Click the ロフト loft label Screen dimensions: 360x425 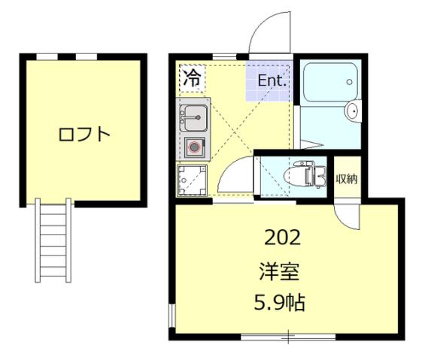(84, 135)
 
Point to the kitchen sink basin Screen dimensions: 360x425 (194, 118)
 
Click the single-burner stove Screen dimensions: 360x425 (195, 147)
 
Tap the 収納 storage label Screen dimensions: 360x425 (346, 179)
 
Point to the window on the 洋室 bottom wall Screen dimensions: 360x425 (288, 335)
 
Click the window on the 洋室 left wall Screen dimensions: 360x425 (172, 316)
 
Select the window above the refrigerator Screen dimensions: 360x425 (223, 56)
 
